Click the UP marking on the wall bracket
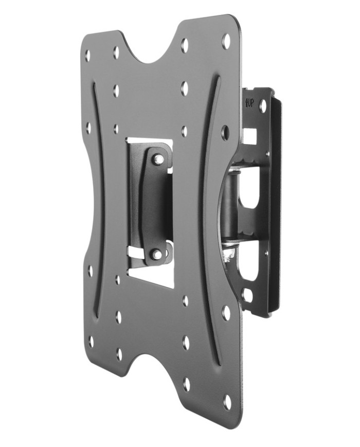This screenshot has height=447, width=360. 249,102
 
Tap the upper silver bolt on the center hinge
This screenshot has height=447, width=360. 157,158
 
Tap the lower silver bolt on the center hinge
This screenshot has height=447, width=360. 156,253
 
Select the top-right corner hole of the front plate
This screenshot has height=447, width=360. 227,39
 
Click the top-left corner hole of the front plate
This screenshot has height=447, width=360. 87,55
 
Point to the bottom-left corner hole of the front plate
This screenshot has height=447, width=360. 92,342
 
